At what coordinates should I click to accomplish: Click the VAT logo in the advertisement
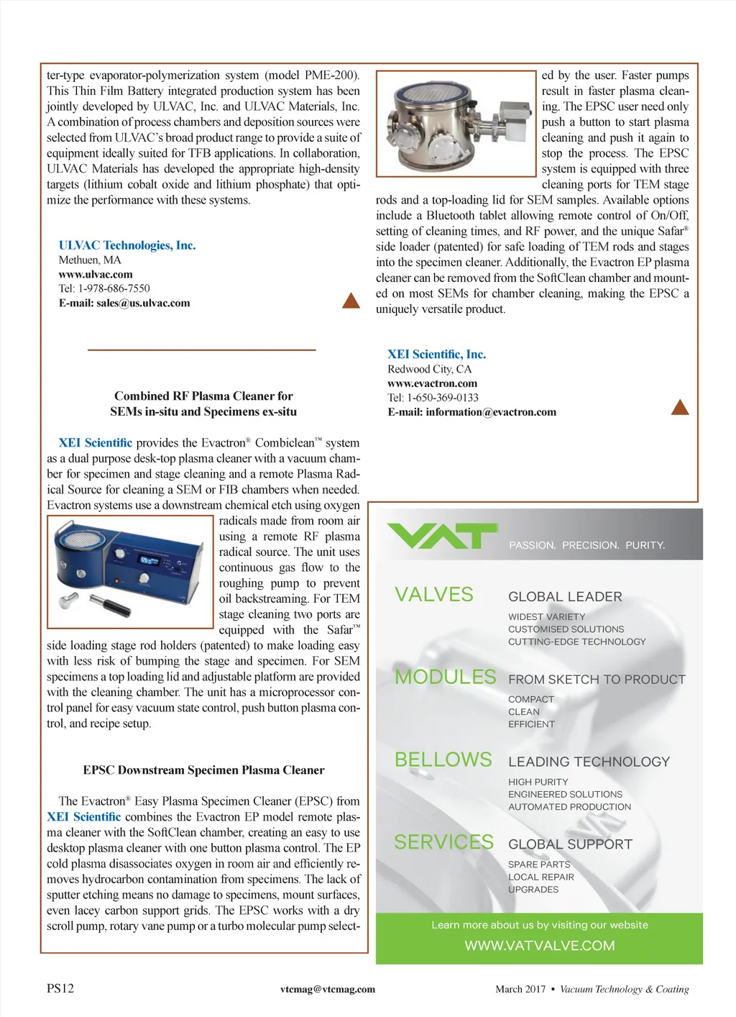(x=441, y=536)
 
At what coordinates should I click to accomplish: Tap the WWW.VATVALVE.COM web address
(x=539, y=945)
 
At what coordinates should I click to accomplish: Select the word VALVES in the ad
(x=434, y=595)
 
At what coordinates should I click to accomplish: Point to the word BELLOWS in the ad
(x=443, y=760)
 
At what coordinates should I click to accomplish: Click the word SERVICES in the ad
(x=443, y=842)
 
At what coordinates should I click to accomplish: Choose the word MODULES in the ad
(x=445, y=677)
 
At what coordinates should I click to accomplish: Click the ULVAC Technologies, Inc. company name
(x=127, y=245)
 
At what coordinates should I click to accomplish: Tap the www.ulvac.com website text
(x=96, y=274)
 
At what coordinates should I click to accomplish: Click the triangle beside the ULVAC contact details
(x=351, y=301)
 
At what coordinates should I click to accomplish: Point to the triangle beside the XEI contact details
(x=679, y=408)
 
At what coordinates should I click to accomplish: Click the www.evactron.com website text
(x=432, y=383)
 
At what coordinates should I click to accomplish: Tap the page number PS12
(x=60, y=988)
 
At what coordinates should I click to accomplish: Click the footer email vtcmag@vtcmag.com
(x=328, y=989)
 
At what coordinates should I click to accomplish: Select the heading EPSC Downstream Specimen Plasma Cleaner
(x=203, y=770)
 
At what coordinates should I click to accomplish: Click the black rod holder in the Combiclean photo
(x=111, y=605)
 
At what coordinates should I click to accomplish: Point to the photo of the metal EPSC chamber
(x=456, y=123)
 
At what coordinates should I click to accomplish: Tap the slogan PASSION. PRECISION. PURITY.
(x=586, y=545)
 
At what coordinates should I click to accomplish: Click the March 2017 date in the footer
(x=520, y=989)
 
